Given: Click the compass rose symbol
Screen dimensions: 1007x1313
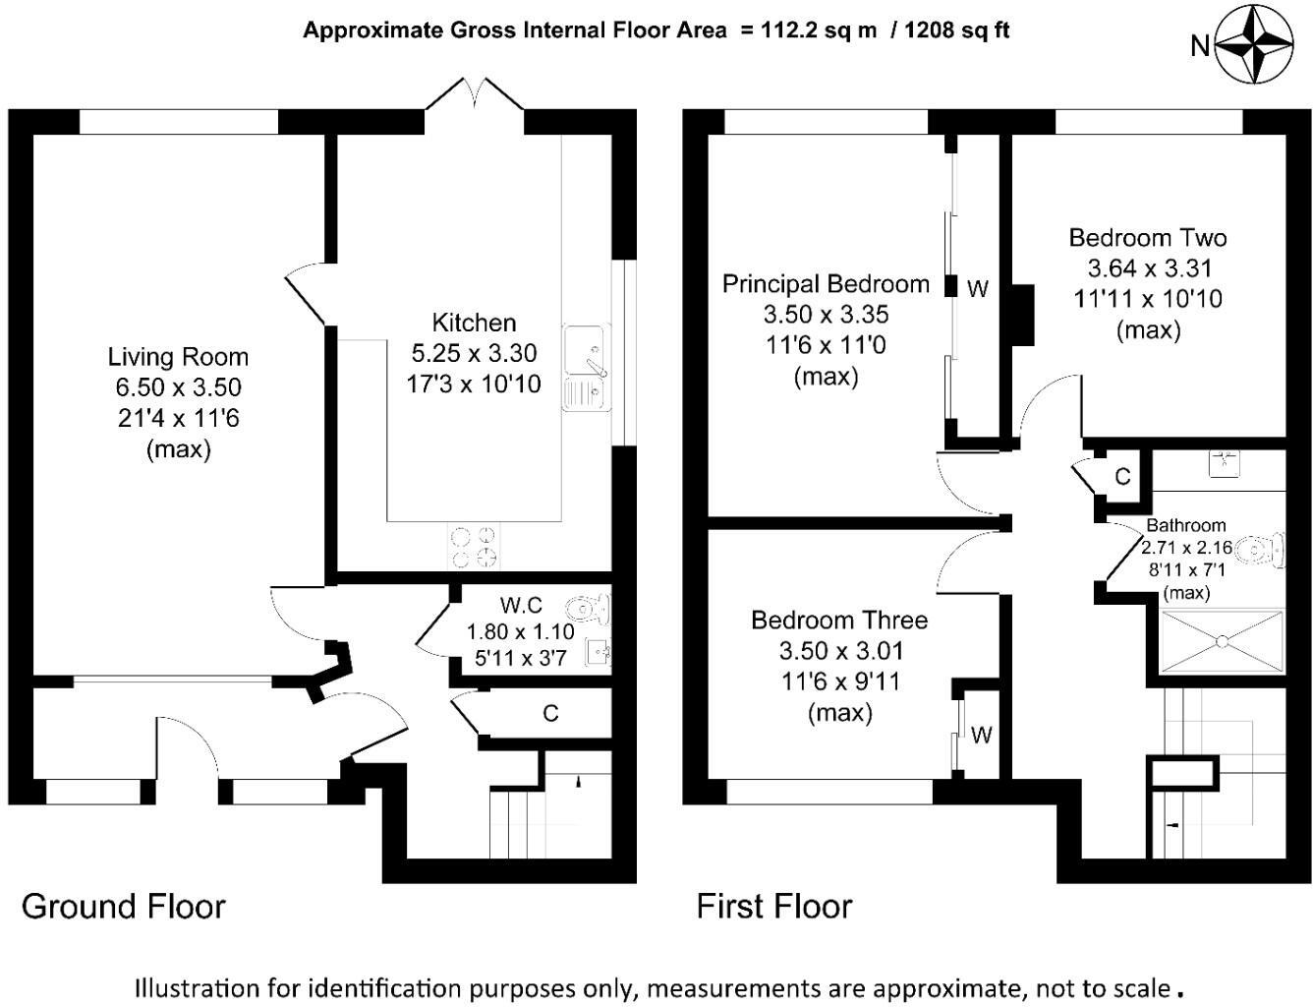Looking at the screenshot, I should [x=1255, y=44].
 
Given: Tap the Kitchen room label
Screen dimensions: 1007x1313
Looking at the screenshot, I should [x=474, y=323].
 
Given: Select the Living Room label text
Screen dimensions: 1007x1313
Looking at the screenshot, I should [x=178, y=357].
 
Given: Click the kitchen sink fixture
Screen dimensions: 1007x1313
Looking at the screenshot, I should [x=587, y=367].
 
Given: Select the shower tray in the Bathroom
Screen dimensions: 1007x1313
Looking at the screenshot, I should [x=1223, y=642].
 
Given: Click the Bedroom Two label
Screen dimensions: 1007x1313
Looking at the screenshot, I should [x=1147, y=238].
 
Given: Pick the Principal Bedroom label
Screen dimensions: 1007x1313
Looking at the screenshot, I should [x=826, y=284].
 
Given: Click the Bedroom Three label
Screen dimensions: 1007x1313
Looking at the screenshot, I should [x=839, y=621].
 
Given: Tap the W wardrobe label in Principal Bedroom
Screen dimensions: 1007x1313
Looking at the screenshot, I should [x=977, y=289].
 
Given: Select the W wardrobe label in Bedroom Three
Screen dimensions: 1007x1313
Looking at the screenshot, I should [x=981, y=735].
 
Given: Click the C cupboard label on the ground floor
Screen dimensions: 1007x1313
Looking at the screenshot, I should [x=550, y=713].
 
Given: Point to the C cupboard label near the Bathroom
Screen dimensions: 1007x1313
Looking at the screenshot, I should [x=1122, y=477].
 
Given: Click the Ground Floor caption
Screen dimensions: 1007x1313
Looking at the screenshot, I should [x=123, y=906].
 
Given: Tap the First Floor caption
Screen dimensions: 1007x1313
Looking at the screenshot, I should [x=774, y=906].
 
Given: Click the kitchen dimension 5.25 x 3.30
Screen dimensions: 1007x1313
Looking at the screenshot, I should [x=474, y=353].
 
